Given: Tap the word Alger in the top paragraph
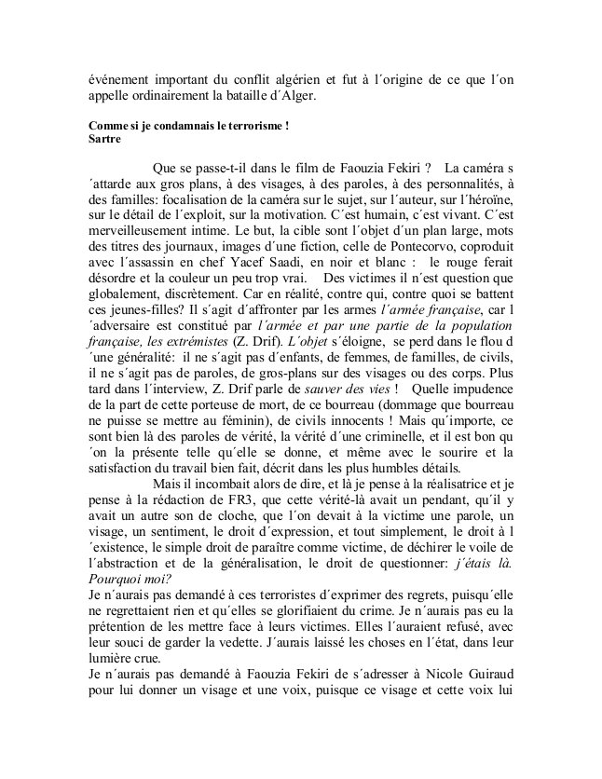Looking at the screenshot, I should click(298, 94).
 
